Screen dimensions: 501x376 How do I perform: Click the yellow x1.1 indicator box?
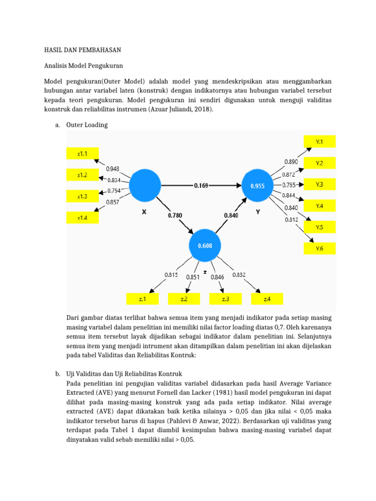82,154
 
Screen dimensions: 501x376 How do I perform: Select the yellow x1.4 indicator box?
82,218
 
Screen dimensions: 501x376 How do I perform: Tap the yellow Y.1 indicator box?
319,141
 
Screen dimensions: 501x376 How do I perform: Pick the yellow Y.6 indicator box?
319,249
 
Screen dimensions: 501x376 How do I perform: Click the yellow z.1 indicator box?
142,298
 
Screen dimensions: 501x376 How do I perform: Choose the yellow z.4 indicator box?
267,298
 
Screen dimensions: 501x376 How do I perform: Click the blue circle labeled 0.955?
258,186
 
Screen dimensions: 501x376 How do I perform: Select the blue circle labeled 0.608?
205,246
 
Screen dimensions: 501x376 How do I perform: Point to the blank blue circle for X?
144,186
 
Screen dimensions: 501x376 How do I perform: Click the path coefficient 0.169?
201,186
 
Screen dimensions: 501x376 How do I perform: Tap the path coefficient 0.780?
175,215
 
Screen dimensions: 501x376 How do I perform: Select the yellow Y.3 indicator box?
319,184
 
